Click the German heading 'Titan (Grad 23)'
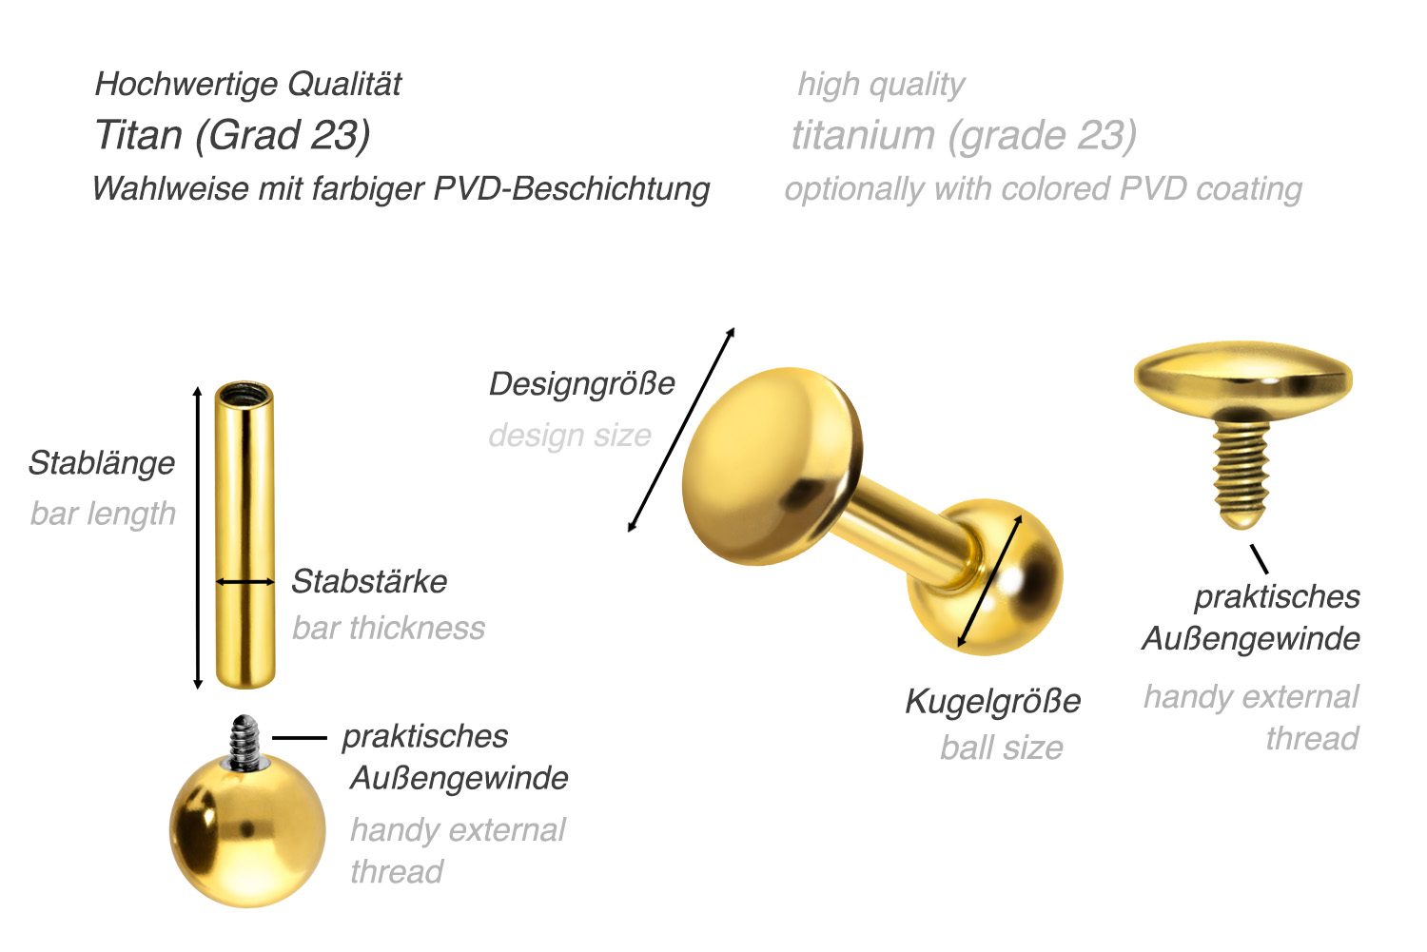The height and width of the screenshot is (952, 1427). (x=232, y=136)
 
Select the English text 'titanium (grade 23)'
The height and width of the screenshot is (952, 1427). (x=964, y=136)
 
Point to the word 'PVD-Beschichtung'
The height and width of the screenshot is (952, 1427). (x=572, y=189)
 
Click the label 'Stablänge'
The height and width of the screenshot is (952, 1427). (x=102, y=463)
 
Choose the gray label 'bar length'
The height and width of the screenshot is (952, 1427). (x=103, y=514)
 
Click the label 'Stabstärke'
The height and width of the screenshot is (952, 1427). (x=369, y=581)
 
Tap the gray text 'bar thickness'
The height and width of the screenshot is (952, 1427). (x=388, y=628)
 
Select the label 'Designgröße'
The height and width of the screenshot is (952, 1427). (x=581, y=384)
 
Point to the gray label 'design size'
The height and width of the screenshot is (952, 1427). (x=570, y=437)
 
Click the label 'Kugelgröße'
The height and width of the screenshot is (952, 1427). (x=993, y=702)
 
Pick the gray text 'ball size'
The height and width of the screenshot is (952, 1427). (x=1002, y=748)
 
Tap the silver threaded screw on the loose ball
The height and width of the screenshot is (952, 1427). (x=245, y=743)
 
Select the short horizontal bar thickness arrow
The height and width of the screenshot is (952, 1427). (x=245, y=581)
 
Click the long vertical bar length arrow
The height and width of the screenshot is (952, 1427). (x=198, y=537)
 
